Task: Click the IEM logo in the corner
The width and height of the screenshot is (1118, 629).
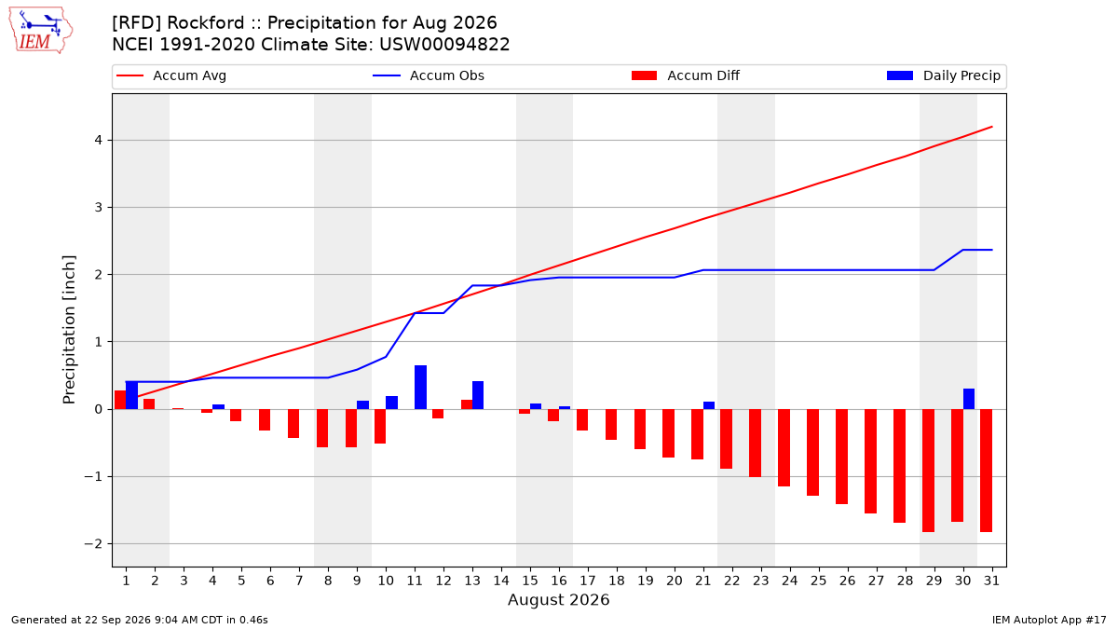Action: click(x=41, y=31)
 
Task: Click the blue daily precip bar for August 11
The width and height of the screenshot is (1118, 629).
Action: click(x=421, y=388)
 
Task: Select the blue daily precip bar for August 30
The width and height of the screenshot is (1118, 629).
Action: click(x=969, y=399)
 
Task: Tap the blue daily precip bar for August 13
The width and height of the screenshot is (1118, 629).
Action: click(x=478, y=395)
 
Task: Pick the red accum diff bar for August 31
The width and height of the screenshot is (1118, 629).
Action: click(x=987, y=471)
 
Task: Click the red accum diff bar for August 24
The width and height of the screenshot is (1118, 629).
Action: click(x=784, y=448)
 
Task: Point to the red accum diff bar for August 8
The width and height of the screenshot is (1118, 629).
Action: click(x=322, y=429)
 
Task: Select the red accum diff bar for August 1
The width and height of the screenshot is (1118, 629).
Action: click(x=120, y=400)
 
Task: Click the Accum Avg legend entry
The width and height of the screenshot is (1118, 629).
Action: click(x=171, y=75)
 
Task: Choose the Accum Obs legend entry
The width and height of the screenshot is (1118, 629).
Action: click(x=429, y=75)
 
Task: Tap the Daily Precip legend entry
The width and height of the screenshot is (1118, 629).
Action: click(x=944, y=75)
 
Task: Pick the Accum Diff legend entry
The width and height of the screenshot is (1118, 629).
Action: click(x=686, y=75)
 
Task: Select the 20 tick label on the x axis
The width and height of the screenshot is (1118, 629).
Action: click(x=675, y=581)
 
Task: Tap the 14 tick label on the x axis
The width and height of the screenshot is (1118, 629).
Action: click(x=501, y=581)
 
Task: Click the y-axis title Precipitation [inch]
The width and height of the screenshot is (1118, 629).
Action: click(x=69, y=330)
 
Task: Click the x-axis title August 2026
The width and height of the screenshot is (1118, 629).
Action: click(x=558, y=599)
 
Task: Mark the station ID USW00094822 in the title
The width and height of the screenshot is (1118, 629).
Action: click(x=444, y=45)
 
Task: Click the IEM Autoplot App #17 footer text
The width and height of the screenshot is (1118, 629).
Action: click(x=1049, y=620)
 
